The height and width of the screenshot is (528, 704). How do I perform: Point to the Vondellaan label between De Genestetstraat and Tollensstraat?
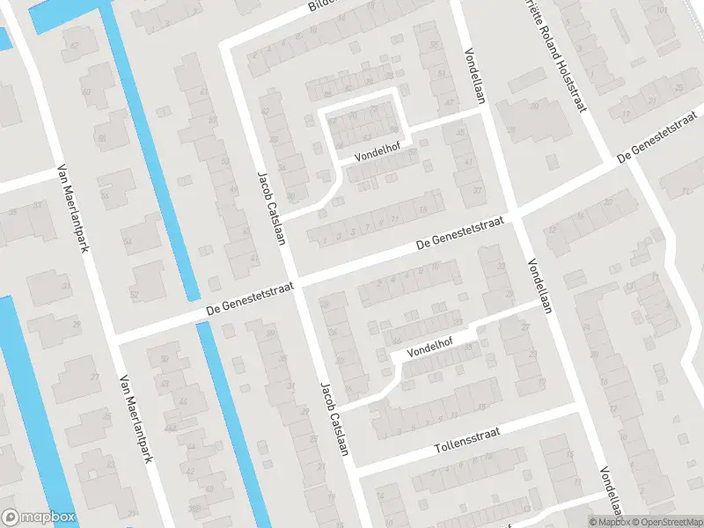pos(539,287)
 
